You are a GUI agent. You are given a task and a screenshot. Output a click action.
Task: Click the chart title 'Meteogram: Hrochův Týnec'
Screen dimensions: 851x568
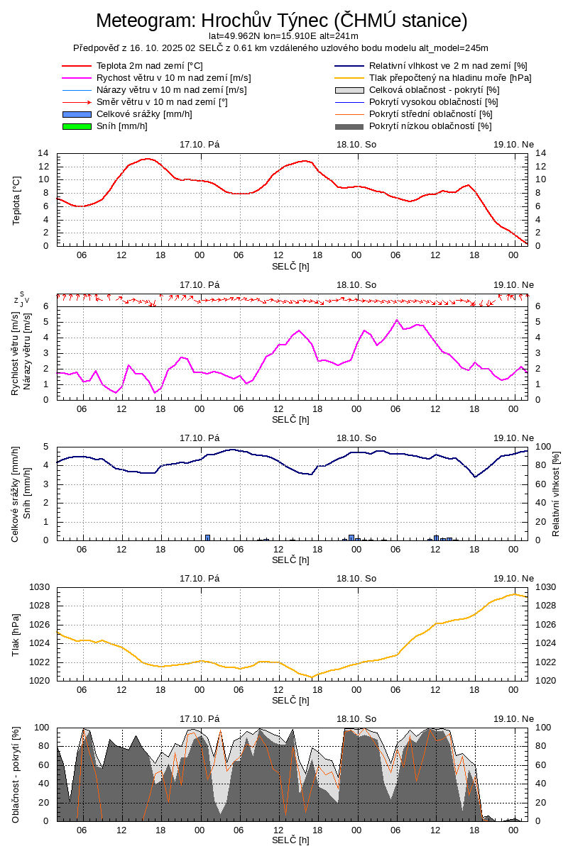point(281,21)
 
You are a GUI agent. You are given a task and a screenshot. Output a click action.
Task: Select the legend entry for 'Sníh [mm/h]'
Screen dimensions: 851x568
point(121,126)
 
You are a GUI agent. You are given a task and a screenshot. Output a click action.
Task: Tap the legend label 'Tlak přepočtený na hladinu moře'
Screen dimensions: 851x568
point(450,78)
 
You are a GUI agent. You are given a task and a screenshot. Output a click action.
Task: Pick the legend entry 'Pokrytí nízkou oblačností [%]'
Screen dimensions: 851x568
point(430,126)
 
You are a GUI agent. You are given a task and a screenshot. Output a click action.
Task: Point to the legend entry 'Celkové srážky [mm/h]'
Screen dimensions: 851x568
point(144,114)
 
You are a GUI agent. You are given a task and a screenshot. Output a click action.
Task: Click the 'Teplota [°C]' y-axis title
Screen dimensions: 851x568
point(16,199)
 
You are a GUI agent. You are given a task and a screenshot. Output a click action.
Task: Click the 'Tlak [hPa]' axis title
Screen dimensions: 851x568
point(16,634)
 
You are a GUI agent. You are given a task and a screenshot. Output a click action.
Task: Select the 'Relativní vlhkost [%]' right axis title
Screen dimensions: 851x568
point(556,493)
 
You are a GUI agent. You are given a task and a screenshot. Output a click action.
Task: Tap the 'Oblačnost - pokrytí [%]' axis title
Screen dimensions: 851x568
point(16,774)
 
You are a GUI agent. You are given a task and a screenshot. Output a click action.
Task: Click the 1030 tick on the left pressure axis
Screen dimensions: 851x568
point(39,587)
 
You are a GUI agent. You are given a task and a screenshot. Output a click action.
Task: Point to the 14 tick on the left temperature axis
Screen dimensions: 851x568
point(43,153)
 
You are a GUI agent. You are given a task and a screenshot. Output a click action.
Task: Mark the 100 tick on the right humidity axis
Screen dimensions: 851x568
point(544,447)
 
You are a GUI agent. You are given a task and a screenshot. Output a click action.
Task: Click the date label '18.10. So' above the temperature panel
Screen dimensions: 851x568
point(356,144)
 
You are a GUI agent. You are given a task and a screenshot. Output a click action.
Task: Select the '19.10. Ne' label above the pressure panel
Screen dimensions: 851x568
point(513,578)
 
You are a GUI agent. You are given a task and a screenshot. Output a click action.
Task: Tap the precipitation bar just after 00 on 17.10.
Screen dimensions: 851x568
point(208,537)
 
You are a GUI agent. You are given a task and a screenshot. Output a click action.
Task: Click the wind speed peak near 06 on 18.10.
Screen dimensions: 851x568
point(398,320)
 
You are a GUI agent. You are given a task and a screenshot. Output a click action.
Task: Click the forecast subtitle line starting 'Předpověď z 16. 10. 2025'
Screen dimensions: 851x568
point(281,48)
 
